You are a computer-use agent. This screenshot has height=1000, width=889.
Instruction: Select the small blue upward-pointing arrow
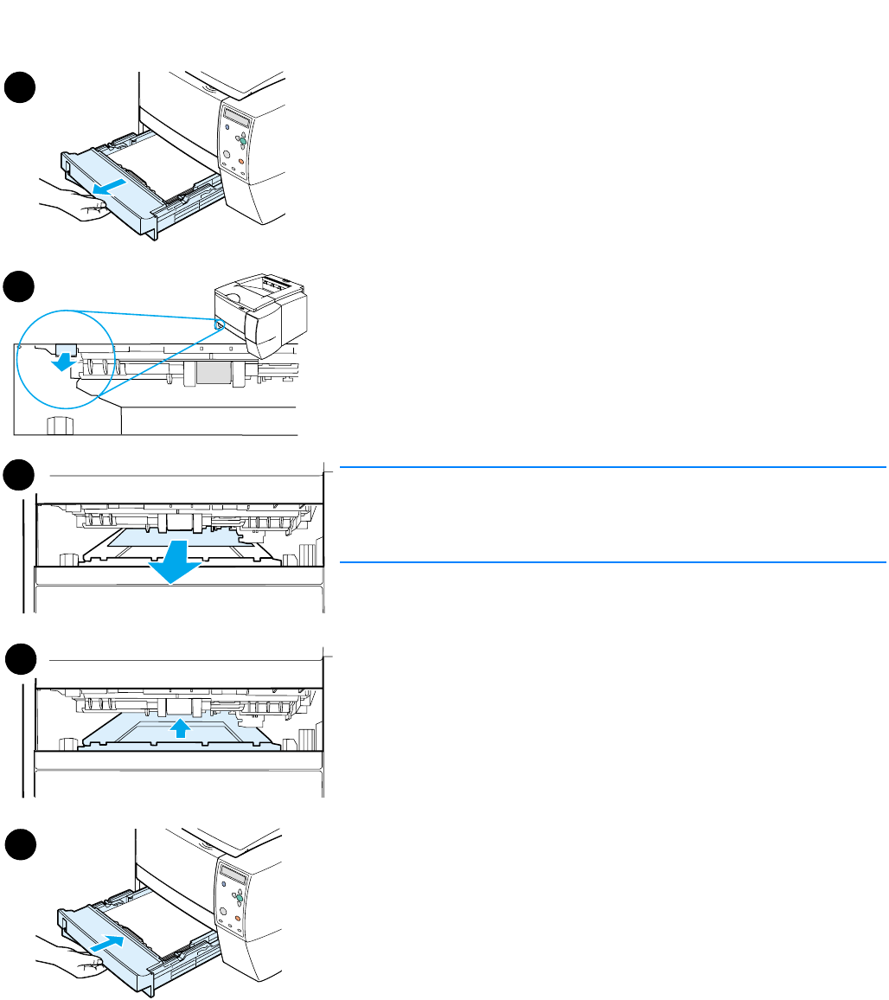coord(178,728)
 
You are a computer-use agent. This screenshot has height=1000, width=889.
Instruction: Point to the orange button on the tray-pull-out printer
coord(241,161)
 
